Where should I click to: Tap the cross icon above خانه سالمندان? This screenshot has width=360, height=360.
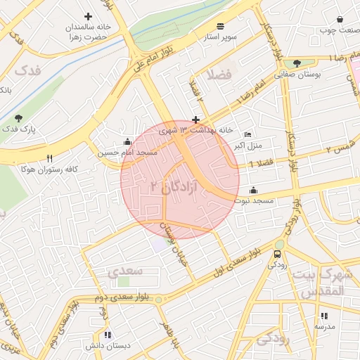(x=88, y=16)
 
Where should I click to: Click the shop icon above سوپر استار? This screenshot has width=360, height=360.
(x=221, y=25)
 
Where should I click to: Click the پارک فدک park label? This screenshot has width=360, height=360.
(x=18, y=129)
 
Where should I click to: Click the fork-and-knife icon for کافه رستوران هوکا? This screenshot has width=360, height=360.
(x=49, y=158)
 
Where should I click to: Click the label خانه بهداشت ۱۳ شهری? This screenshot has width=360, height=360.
(x=196, y=130)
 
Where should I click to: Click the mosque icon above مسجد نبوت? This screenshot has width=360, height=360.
(x=253, y=190)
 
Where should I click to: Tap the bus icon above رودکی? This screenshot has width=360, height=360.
(x=278, y=254)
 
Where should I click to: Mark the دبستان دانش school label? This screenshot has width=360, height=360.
(x=108, y=346)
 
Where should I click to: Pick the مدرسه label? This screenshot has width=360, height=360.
(x=324, y=327)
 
